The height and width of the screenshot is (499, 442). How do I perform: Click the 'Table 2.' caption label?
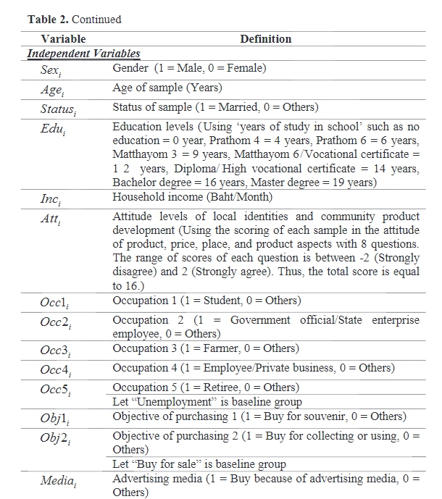tap(47, 20)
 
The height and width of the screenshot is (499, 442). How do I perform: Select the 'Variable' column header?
tap(63, 39)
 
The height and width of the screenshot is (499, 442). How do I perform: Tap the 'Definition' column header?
tap(266, 39)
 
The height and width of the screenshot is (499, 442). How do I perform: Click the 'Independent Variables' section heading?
tap(83, 54)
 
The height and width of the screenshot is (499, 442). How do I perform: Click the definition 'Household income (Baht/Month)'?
tap(192, 197)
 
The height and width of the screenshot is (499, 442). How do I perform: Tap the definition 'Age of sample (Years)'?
tap(167, 88)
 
